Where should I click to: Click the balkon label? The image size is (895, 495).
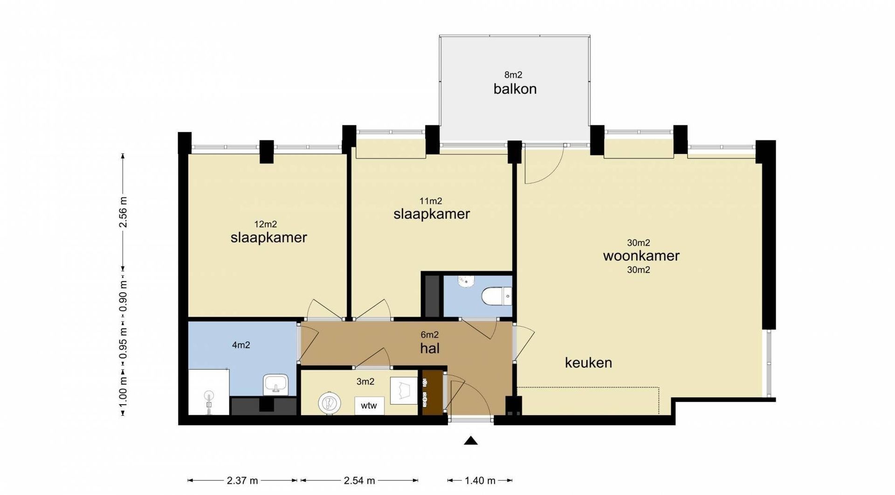[x=515, y=89]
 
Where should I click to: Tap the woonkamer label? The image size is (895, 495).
[x=641, y=255]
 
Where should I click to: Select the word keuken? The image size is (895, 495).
[x=588, y=362]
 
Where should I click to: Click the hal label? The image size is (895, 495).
[x=430, y=348]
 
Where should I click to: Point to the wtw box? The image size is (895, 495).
[x=369, y=406]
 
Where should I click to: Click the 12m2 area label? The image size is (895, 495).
[x=266, y=224]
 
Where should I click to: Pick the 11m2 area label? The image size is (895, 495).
[x=431, y=201]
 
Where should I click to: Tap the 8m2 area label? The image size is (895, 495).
[x=513, y=75]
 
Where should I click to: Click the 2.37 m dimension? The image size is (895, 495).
[x=242, y=481]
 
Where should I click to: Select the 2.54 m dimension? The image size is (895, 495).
[x=359, y=481]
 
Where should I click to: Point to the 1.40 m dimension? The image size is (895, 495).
[x=480, y=481]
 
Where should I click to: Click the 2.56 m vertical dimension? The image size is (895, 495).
[x=123, y=212]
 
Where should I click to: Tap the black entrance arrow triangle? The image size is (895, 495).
[x=471, y=440]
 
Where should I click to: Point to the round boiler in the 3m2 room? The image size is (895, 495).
[x=330, y=402]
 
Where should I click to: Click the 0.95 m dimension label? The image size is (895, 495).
[x=123, y=345]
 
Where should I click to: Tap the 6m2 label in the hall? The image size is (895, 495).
[x=430, y=335]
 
